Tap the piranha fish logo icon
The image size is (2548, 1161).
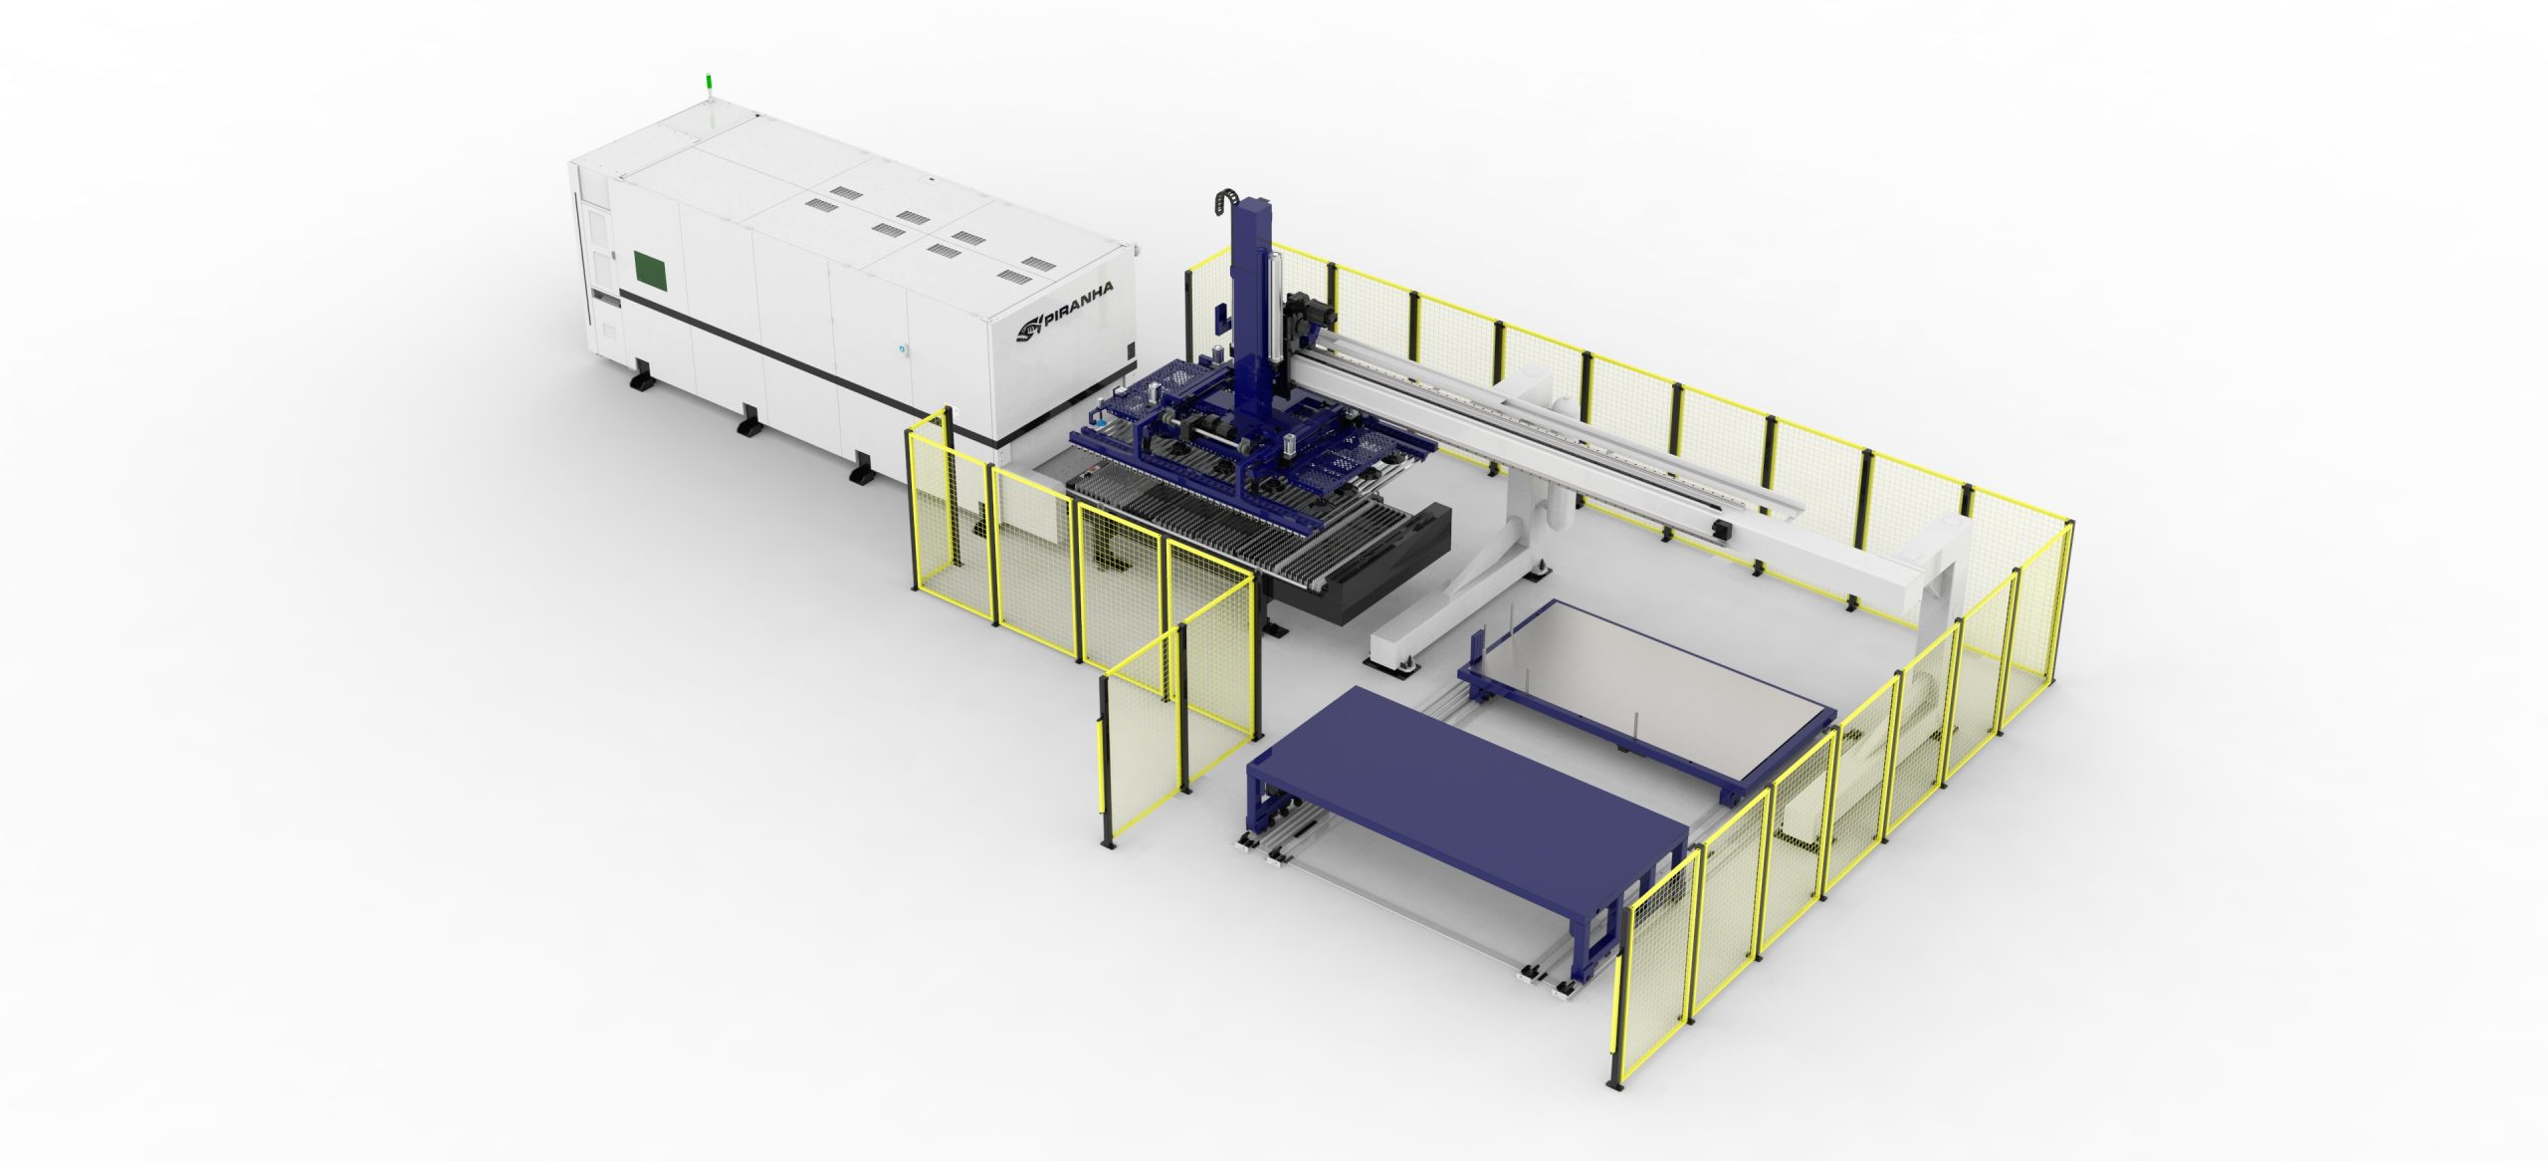click(x=1027, y=326)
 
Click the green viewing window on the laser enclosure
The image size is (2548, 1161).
click(x=652, y=269)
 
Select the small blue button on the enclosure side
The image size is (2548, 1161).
click(x=904, y=349)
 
